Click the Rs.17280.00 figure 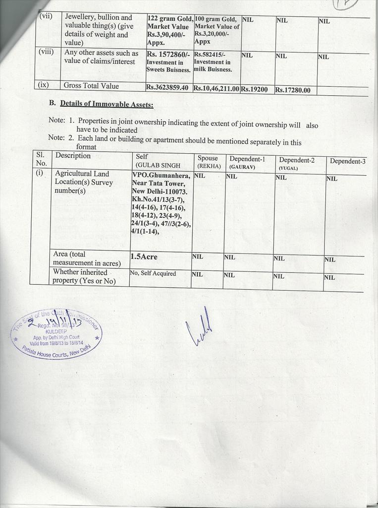point(292,90)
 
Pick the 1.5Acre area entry point(144,256)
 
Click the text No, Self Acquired point(153,273)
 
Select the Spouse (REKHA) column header point(209,162)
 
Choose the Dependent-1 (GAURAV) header point(247,163)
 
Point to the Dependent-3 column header point(348,161)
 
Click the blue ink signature point(200,328)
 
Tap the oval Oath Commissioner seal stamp point(55,333)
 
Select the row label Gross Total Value point(91,85)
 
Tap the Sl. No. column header point(41,159)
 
